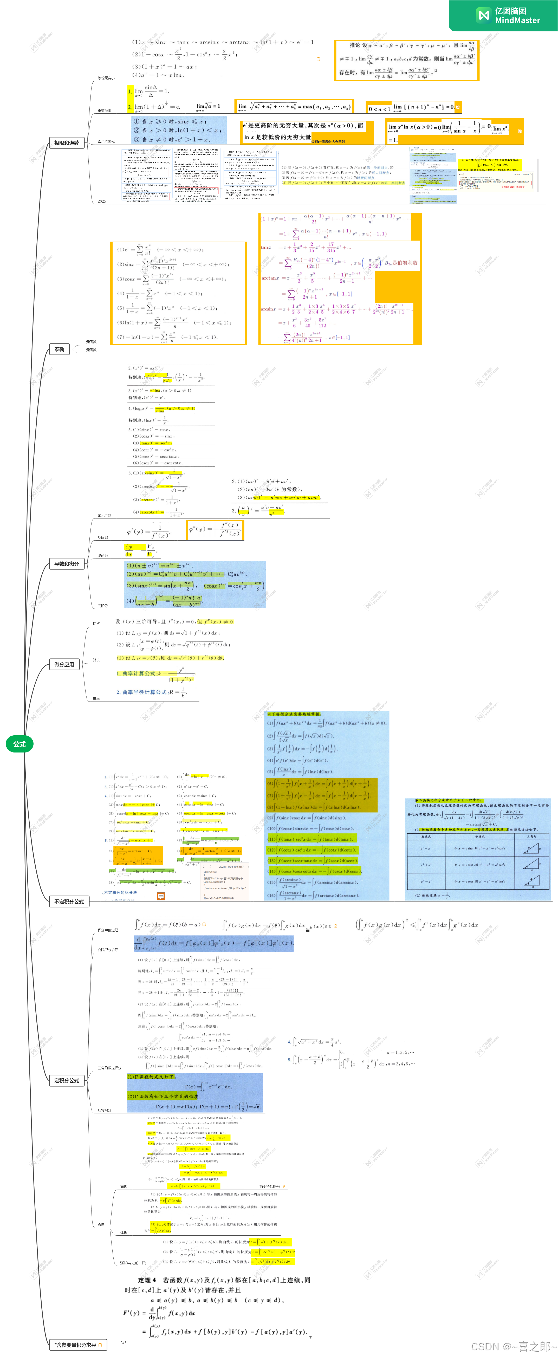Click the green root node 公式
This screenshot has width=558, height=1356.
20,744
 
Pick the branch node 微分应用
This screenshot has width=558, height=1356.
64,664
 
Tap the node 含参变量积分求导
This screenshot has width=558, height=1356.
76,1345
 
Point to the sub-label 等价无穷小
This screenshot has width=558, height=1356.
105,78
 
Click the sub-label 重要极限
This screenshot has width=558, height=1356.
104,111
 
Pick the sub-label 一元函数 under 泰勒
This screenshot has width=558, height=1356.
89,342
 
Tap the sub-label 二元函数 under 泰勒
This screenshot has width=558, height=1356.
89,350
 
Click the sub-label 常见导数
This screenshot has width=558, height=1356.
104,515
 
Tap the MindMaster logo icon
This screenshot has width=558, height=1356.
483,15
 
